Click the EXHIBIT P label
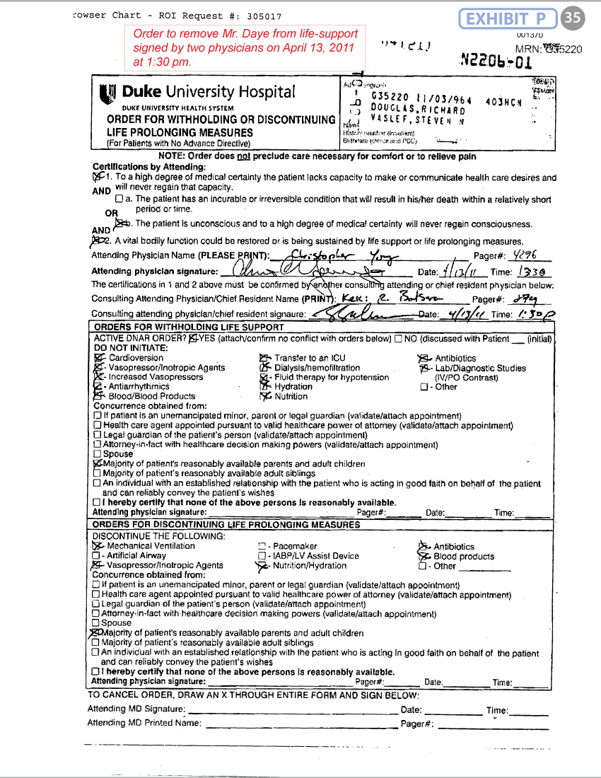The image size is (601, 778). click(507, 19)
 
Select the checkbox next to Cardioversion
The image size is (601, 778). click(98, 359)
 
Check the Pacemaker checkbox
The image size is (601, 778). click(263, 547)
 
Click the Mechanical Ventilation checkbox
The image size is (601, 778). click(97, 546)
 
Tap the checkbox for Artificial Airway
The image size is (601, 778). click(96, 556)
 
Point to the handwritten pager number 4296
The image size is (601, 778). click(523, 255)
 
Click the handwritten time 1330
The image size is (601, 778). click(530, 272)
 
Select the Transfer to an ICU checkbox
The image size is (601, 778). click(264, 359)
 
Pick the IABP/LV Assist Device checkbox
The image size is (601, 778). click(263, 556)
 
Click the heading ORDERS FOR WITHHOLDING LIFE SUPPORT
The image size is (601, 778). click(189, 327)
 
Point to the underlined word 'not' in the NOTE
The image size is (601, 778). click(245, 156)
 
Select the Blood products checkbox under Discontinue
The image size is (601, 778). click(423, 557)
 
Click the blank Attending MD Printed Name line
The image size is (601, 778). click(300, 724)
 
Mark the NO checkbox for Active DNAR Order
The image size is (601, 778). click(399, 339)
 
